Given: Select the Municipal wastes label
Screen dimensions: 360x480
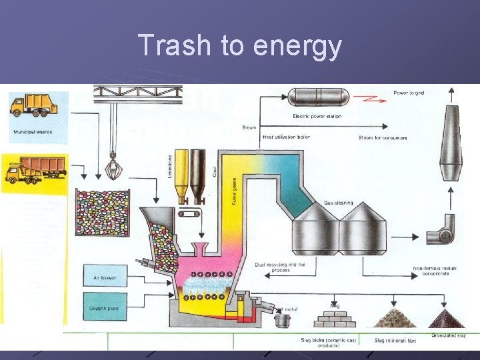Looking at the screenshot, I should point(33,132).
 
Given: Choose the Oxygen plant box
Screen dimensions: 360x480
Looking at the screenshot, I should point(105,307).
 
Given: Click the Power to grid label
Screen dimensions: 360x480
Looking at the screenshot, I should point(409,93).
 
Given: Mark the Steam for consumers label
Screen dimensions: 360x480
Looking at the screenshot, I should point(383,138).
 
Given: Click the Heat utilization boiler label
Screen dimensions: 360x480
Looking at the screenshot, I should point(286,137).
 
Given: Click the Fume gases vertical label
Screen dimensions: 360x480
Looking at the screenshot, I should point(234,189).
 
